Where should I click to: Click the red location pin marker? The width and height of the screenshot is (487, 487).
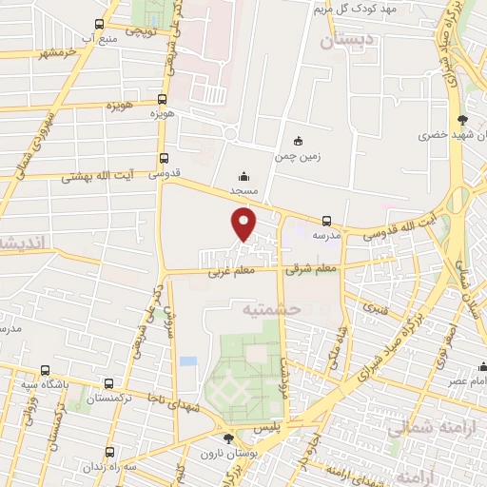(x=244, y=224)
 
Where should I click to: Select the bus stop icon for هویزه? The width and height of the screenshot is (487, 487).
(x=163, y=99)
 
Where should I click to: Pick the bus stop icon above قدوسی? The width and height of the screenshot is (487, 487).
(x=164, y=159)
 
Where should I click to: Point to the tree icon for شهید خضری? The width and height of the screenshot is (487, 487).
(x=462, y=120)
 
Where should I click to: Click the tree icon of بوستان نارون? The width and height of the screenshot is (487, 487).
(x=227, y=438)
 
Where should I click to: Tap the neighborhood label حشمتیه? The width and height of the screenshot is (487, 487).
(x=272, y=309)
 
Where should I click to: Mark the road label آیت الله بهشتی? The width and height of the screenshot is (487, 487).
(x=98, y=177)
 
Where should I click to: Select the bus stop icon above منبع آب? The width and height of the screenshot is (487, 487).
(x=101, y=25)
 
